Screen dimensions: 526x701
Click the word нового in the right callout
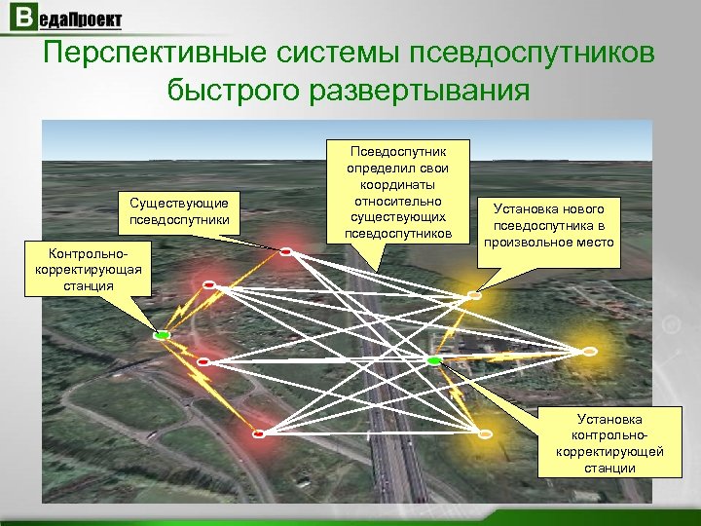[x=581, y=208]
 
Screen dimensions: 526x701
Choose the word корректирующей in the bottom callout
[x=609, y=451]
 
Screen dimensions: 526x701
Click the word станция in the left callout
[x=86, y=285]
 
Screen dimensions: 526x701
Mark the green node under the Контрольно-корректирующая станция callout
[x=162, y=335]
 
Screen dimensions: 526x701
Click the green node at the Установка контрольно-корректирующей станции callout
[x=433, y=361]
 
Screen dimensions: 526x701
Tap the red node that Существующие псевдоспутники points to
[x=286, y=251]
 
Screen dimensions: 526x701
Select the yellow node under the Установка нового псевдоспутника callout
[x=474, y=293]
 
